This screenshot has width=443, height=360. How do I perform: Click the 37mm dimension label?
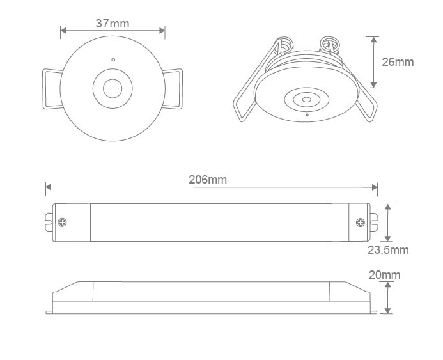(x=113, y=24)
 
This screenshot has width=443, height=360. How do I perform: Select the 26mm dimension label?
(x=398, y=62)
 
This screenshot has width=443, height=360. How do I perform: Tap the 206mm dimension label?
(x=208, y=180)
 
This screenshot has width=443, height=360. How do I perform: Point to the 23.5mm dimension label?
(x=388, y=249)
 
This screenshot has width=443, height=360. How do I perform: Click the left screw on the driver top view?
(x=62, y=223)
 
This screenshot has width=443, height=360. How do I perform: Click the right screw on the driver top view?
(x=361, y=223)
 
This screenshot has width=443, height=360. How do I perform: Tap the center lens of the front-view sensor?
(x=113, y=88)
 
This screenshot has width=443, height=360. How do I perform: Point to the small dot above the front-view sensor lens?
(x=113, y=59)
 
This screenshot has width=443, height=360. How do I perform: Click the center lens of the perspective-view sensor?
(x=307, y=99)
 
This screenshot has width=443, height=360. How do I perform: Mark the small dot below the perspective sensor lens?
(x=307, y=114)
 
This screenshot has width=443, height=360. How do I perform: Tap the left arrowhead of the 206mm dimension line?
(x=47, y=187)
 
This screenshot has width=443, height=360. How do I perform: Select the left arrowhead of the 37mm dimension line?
(x=63, y=31)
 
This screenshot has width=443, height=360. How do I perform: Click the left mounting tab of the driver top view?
(x=49, y=223)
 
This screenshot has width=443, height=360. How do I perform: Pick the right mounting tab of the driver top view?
(x=373, y=223)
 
